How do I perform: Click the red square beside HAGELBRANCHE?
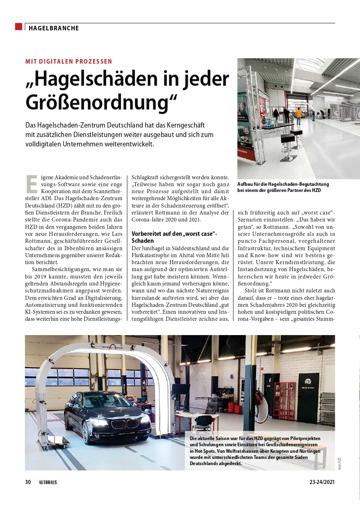tap(18, 27)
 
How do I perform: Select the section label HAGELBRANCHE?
tap(54, 28)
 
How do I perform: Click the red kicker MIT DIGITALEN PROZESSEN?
tap(68, 62)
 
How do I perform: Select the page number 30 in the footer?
tap(28, 482)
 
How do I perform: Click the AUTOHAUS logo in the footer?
tap(48, 482)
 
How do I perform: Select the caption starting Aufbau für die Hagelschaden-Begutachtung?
tap(283, 187)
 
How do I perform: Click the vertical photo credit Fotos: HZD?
tap(339, 463)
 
